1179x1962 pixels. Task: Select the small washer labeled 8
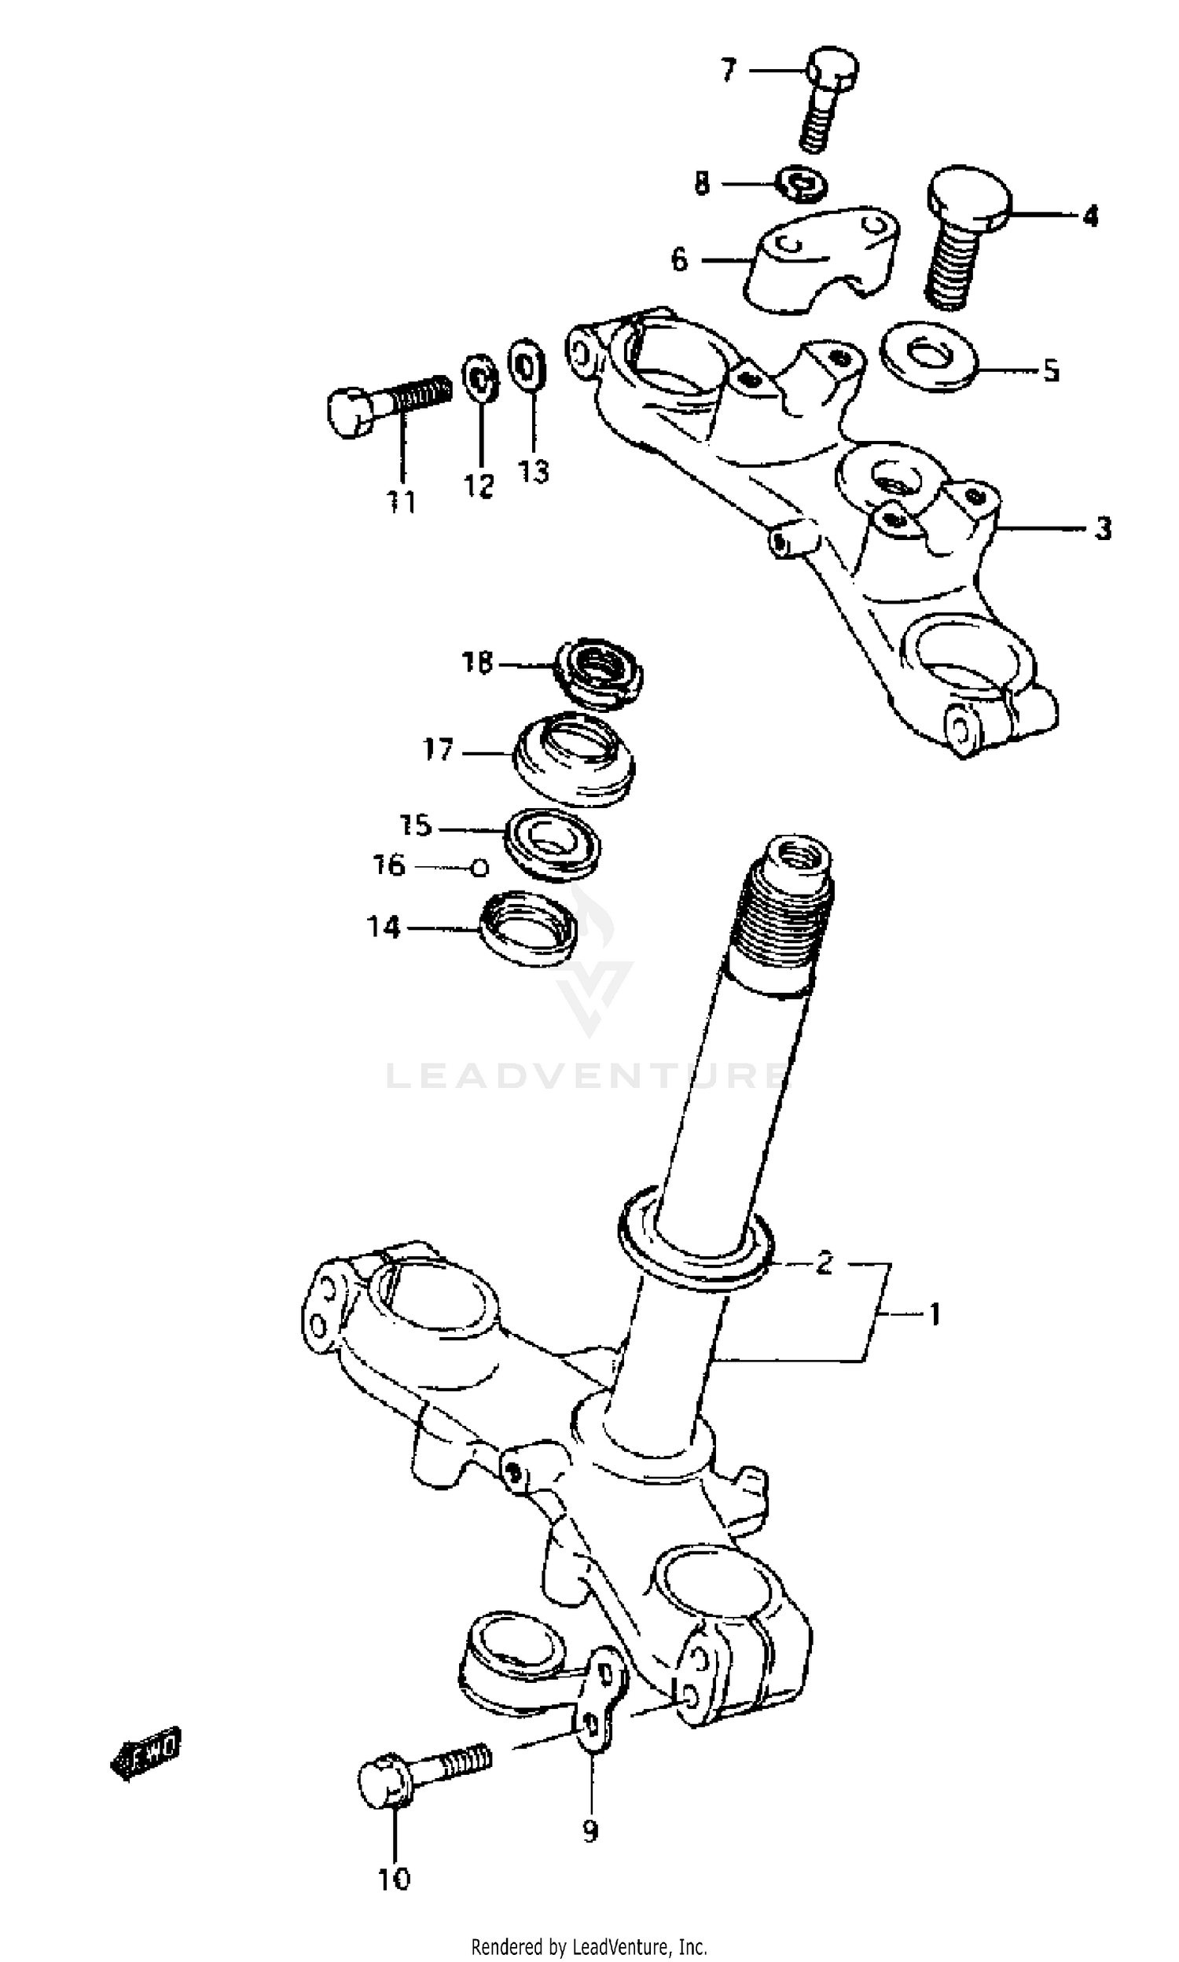pyautogui.click(x=802, y=184)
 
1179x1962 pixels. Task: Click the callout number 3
pyautogui.click(x=1102, y=528)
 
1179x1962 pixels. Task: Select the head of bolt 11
pyautogui.click(x=349, y=411)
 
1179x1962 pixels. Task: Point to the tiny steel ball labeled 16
pyautogui.click(x=479, y=869)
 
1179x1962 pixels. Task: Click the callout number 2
pyautogui.click(x=825, y=1261)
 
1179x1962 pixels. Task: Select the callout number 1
pyautogui.click(x=935, y=1314)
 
